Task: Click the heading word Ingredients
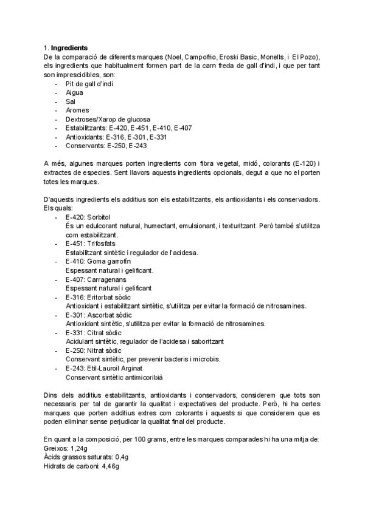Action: tap(69, 47)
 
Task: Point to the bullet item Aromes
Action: tap(77, 111)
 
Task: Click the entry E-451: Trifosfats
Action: tap(91, 244)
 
